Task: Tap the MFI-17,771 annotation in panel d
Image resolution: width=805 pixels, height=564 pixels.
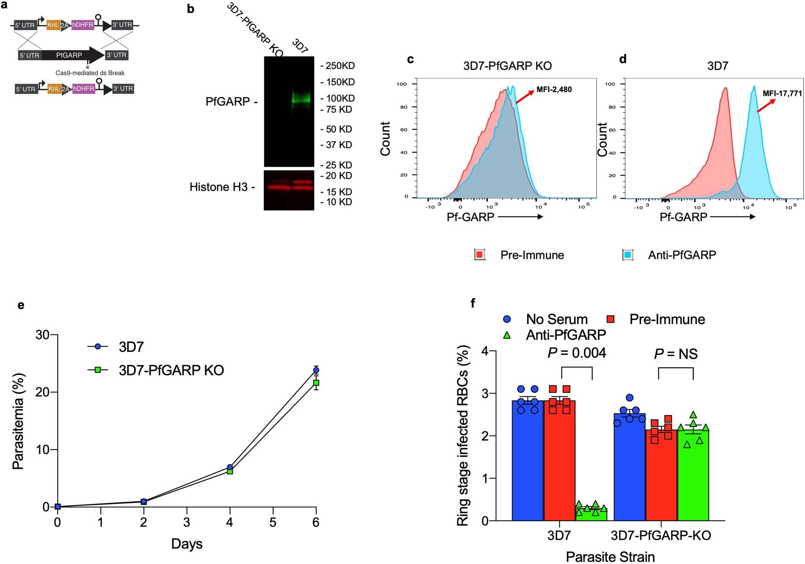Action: coord(782,93)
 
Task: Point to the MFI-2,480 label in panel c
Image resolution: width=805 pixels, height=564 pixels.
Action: coord(554,90)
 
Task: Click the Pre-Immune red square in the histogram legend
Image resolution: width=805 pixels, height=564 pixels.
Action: coord(480,255)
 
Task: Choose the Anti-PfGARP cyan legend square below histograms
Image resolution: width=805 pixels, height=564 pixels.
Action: coord(628,255)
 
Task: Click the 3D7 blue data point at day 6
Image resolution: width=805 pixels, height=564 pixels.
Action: coord(316,370)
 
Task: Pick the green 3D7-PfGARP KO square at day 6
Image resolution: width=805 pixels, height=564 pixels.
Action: coord(316,383)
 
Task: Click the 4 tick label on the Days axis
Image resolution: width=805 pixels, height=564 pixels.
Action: coord(230,522)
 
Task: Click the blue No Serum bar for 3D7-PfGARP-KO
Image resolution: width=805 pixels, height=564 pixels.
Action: coord(629,468)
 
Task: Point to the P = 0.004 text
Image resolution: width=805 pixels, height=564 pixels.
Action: coord(577,353)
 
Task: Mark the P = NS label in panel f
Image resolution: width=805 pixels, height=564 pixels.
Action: coord(675,354)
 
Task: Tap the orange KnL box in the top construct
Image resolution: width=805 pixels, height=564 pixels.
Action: coord(53,25)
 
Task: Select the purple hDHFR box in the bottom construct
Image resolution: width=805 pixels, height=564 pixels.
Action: coord(83,89)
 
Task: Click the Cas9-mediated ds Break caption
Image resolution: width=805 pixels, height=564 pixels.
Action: coord(90,73)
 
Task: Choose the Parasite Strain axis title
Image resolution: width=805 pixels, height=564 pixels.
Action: coord(610,557)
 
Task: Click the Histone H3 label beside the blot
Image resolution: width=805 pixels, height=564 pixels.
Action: coord(219,187)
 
